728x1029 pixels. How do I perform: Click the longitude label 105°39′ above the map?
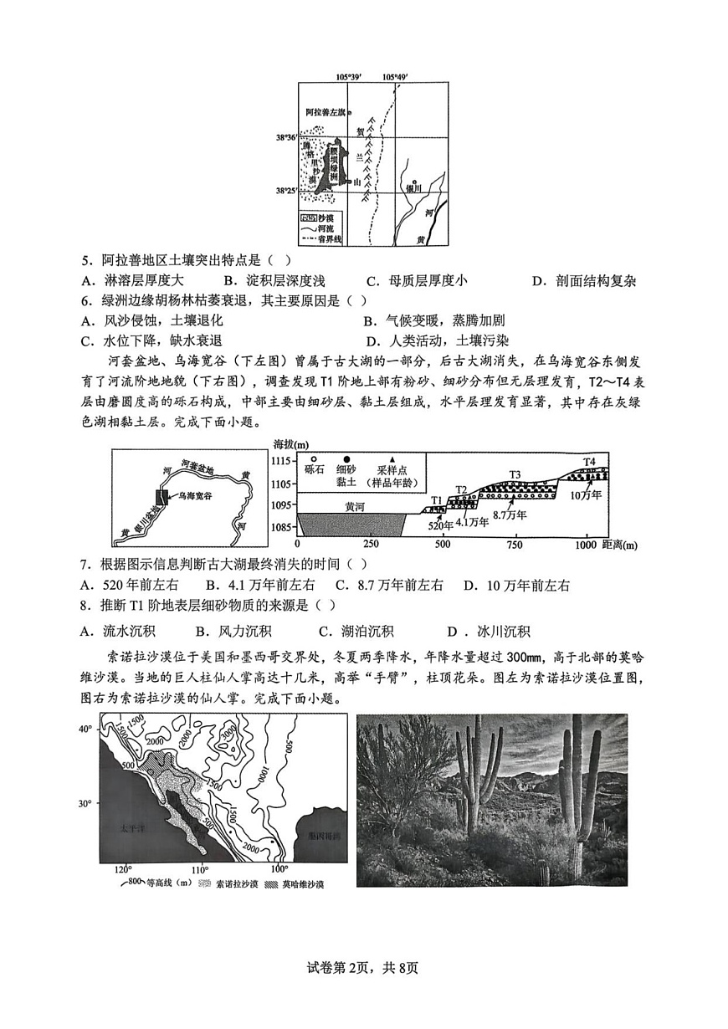(348, 77)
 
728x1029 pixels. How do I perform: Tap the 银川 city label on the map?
(415, 189)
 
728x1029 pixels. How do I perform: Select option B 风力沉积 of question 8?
(233, 632)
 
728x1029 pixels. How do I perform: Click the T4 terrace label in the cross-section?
(589, 461)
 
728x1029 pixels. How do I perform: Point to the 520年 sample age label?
(440, 525)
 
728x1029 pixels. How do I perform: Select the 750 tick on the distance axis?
(514, 545)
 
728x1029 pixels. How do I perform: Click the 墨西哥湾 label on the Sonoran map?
(325, 836)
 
